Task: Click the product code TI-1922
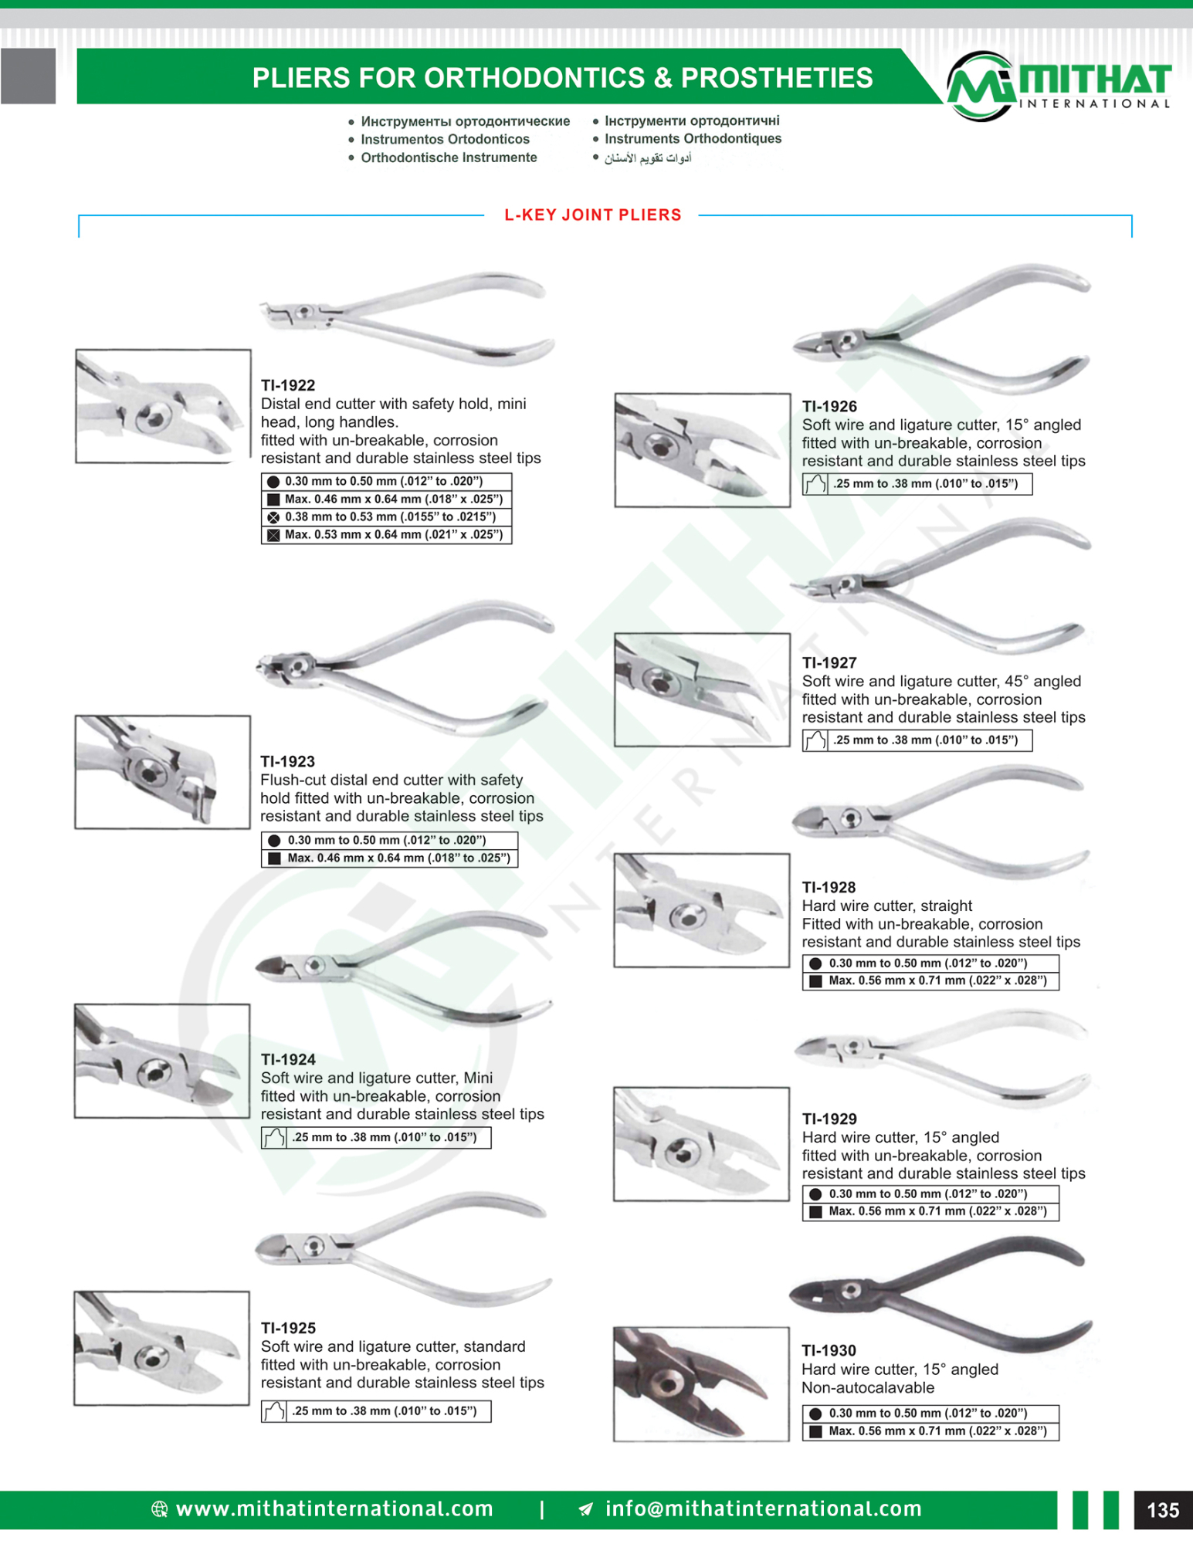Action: [287, 385]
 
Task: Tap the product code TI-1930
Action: [829, 1350]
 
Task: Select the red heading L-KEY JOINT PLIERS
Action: [592, 215]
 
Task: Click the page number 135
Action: [1162, 1510]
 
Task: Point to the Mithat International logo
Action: [1058, 86]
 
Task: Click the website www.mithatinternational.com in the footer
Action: [334, 1508]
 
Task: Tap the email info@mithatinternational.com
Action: [763, 1508]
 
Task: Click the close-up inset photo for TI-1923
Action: [162, 772]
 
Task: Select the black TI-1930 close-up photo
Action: [701, 1383]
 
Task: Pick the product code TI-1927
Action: [829, 662]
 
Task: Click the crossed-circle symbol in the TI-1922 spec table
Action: [273, 517]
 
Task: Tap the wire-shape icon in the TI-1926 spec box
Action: [815, 484]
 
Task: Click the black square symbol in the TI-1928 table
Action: [815, 981]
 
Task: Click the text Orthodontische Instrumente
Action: [449, 157]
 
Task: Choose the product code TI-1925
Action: [287, 1328]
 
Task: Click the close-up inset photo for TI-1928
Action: [701, 910]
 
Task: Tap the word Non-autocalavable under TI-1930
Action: [867, 1387]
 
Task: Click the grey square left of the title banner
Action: [28, 76]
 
